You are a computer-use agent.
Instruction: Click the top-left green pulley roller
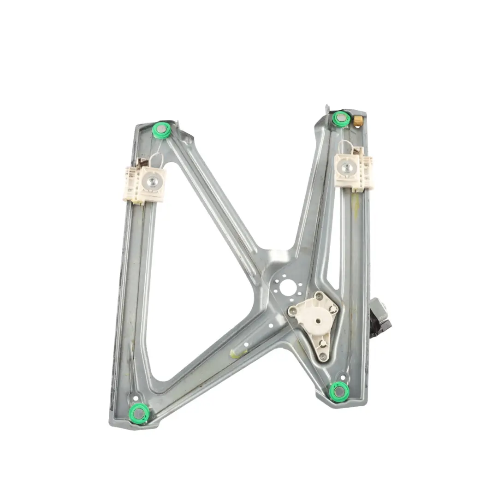[162, 130]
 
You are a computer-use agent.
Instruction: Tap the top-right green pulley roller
[341, 119]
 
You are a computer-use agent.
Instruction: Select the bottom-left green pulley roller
[139, 412]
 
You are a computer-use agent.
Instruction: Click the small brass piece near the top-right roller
[359, 121]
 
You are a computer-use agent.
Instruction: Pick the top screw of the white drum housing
[318, 295]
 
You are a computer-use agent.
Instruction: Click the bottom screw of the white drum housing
[323, 356]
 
